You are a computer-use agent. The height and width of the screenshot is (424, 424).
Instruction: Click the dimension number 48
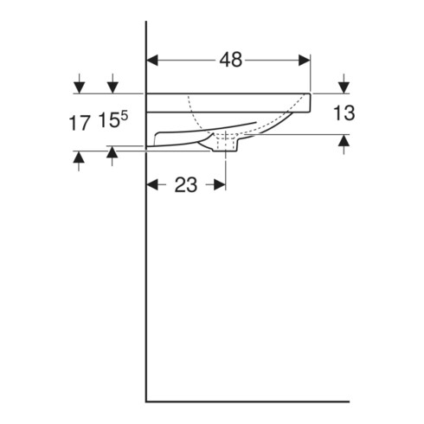click(x=231, y=60)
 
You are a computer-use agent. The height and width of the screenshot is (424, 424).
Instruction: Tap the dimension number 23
click(x=186, y=185)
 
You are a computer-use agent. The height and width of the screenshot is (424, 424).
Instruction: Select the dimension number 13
click(x=344, y=112)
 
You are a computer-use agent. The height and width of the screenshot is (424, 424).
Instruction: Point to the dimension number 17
click(x=79, y=123)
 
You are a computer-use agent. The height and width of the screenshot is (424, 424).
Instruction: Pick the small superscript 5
click(x=124, y=116)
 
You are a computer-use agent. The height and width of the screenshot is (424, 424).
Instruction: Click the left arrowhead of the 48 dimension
click(x=152, y=61)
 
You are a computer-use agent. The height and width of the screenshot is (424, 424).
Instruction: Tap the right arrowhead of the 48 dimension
click(x=305, y=61)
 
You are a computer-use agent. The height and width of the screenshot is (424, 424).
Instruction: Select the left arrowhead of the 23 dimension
click(x=152, y=184)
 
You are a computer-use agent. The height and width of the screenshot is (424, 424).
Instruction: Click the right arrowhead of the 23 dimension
click(x=220, y=184)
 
